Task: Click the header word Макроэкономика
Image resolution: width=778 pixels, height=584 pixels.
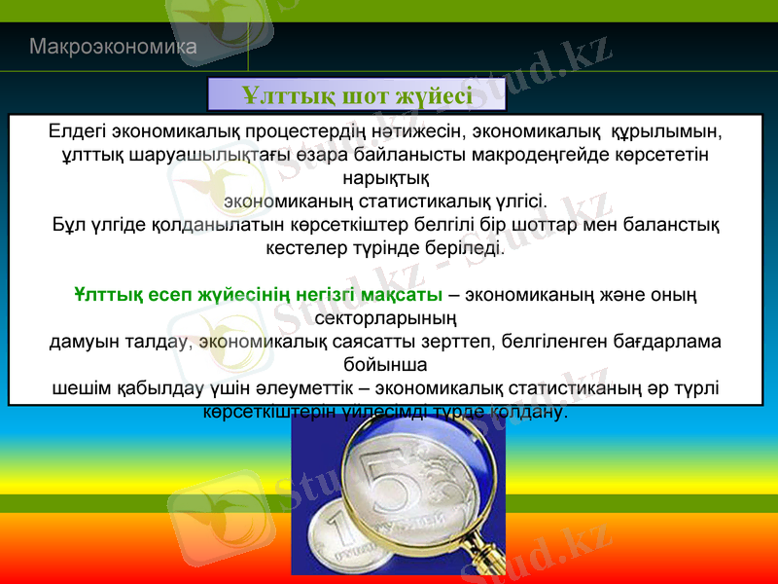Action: pyautogui.click(x=113, y=46)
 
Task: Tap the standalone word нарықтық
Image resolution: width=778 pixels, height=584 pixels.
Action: pyautogui.click(x=389, y=178)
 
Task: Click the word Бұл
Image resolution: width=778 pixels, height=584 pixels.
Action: pyautogui.click(x=68, y=226)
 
